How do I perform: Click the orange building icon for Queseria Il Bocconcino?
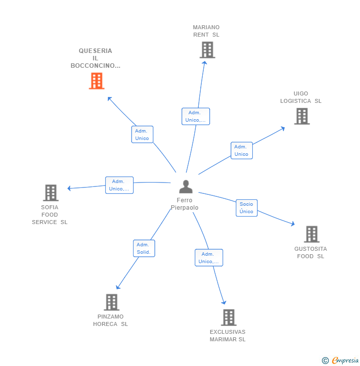coord(96,81)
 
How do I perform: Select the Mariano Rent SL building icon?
coord(207,50)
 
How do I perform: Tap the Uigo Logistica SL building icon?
coord(302,116)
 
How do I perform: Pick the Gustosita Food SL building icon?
coord(312,234)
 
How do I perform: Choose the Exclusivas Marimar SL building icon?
coord(228,318)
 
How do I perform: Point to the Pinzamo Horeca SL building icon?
coord(112,302)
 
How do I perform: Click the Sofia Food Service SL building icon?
coord(50,193)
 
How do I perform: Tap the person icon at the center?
coord(185,187)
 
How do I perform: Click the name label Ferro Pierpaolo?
coord(184,204)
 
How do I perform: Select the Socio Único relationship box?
coord(246,208)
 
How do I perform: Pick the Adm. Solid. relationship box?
coord(144,248)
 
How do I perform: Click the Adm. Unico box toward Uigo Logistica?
coord(241,150)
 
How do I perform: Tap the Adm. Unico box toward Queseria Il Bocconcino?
coord(142,135)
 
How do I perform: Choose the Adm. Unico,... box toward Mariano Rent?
coord(195,116)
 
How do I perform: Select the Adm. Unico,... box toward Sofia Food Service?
coord(119,185)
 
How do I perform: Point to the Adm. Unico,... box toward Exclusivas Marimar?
coord(209,258)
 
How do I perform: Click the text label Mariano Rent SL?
coord(206,31)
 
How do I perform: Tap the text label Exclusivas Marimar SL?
coord(227,336)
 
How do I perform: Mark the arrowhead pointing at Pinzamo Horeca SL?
coord(118,287)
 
